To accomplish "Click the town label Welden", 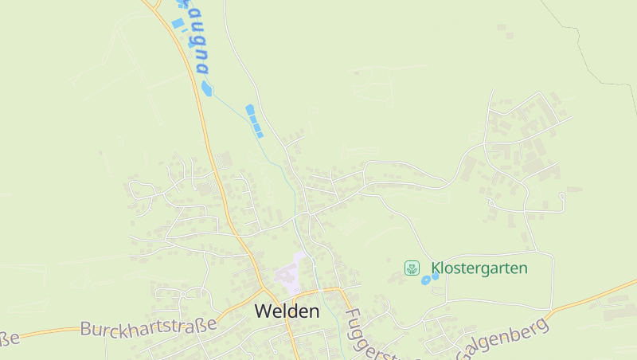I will tap(287, 311).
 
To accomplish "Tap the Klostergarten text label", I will tap(479, 268).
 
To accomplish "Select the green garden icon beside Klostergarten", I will tap(412, 268).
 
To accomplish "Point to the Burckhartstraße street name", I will tap(148, 327).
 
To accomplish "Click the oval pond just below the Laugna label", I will tap(207, 88).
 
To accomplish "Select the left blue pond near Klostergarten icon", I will tap(425, 280).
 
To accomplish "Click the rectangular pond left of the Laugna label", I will tap(178, 24).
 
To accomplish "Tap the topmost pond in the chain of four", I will tap(250, 109).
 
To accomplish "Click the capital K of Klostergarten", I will tap(436, 268).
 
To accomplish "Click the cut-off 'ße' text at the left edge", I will tap(8, 340).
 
